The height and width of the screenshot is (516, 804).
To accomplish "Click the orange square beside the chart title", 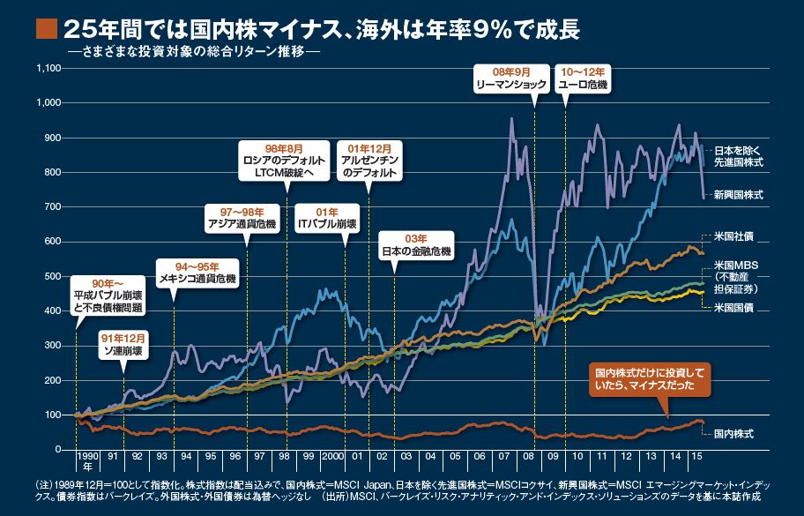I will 46,28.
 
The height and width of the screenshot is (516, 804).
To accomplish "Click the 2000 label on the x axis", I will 331,457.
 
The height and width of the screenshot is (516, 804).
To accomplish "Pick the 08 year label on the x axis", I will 526,457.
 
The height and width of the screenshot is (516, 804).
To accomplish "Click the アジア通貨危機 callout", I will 241,218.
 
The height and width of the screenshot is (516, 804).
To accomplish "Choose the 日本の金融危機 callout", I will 414,245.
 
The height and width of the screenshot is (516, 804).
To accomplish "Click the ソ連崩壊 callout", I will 123,344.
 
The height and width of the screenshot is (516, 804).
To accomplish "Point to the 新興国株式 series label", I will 738,194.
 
